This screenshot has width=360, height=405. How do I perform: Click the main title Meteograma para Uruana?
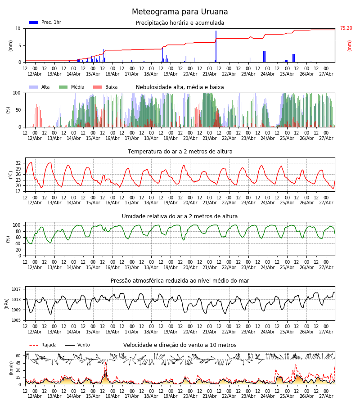(180, 12)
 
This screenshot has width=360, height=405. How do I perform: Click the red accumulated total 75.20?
(346, 28)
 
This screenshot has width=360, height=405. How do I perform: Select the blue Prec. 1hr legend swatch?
(34, 22)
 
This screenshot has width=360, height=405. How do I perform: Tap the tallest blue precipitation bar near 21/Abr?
(216, 46)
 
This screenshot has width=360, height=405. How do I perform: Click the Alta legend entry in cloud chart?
(40, 87)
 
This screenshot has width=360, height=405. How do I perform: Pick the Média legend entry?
(72, 87)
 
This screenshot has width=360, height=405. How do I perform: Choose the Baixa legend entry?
(105, 87)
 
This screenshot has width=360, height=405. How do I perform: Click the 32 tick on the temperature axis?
(18, 163)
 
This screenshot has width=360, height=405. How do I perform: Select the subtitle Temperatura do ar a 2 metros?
(180, 152)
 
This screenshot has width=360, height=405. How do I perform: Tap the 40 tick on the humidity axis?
(18, 243)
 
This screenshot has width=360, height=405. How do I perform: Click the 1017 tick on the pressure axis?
(16, 289)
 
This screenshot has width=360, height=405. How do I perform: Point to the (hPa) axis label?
(7, 304)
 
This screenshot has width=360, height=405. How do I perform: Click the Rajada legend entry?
(43, 345)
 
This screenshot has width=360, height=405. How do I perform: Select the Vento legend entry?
(77, 345)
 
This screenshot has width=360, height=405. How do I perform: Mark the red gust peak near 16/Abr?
(106, 363)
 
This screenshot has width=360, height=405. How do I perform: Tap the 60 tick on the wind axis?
(18, 356)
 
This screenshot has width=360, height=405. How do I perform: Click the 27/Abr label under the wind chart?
(326, 396)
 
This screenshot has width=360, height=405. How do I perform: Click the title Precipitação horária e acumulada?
(180, 23)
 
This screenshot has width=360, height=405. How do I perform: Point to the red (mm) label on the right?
(350, 46)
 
